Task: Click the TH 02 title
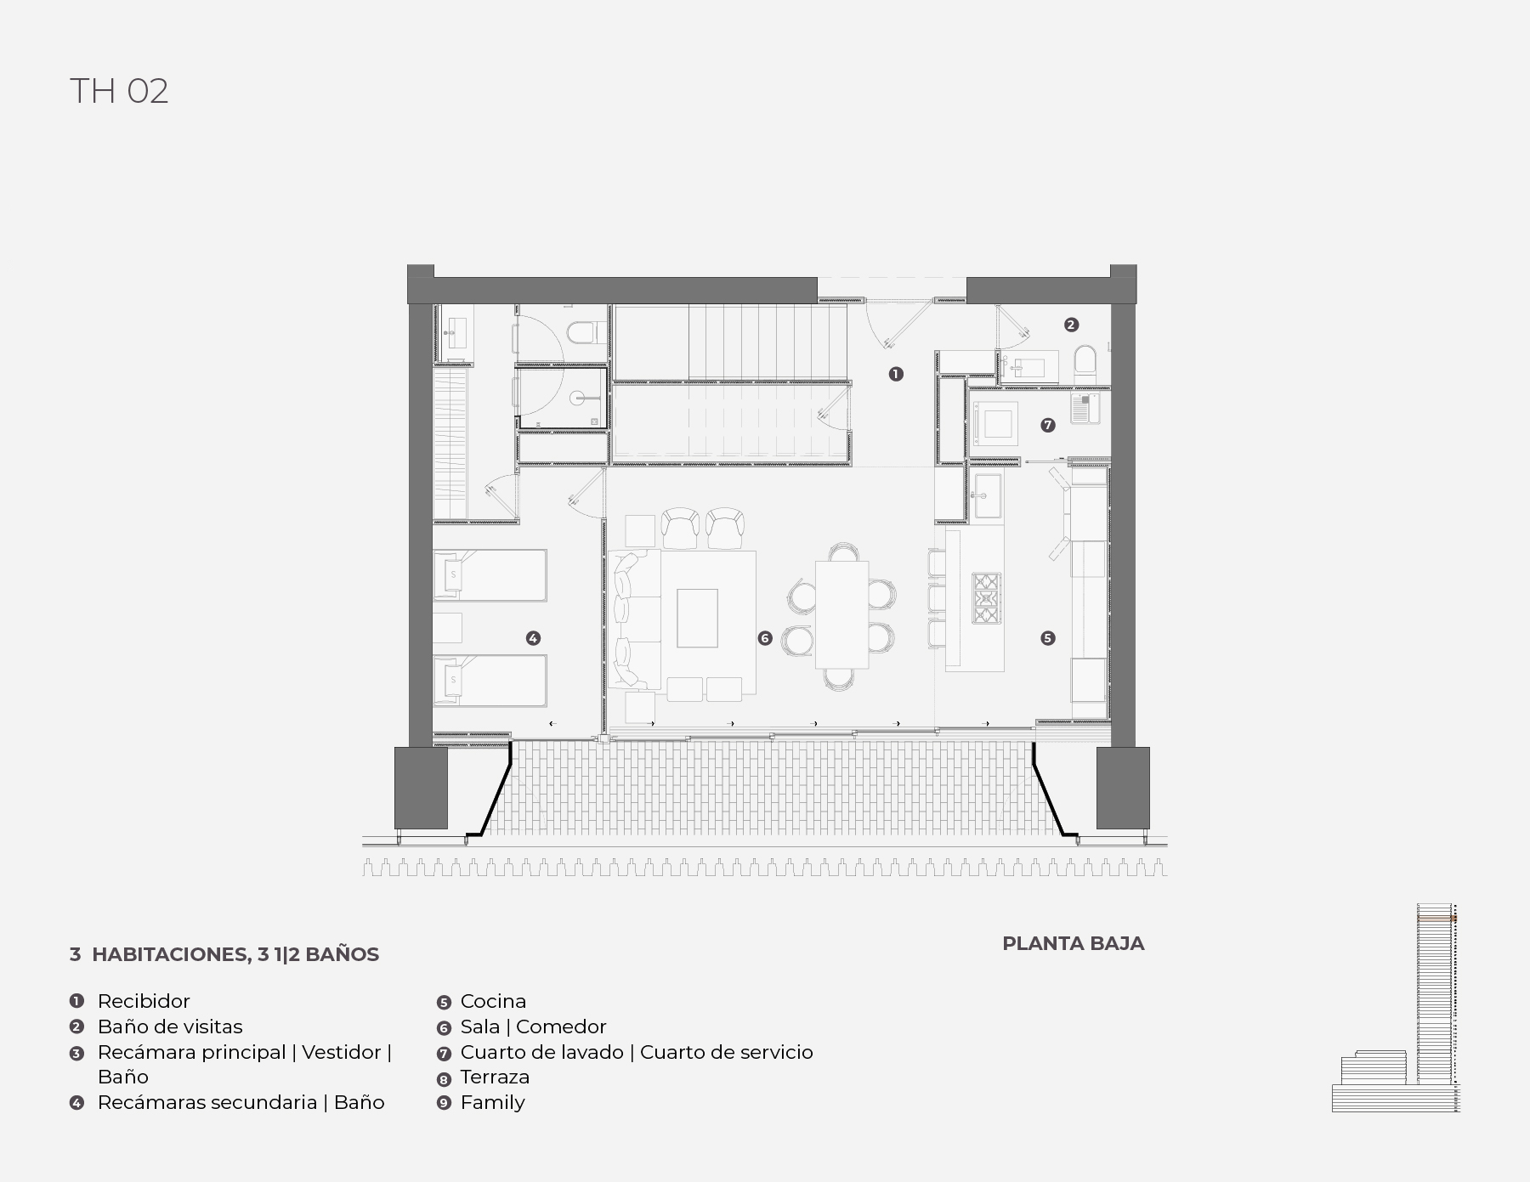pos(119,91)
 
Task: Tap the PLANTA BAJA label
pos(1073,943)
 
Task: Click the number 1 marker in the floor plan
pos(896,374)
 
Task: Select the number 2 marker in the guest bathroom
pos(1071,325)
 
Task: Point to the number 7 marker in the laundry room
pos(1048,425)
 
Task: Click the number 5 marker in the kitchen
pos(1048,638)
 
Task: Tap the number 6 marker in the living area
pos(765,638)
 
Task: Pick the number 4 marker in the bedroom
pos(533,638)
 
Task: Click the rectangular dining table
pos(841,614)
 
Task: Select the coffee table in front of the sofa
pos(697,618)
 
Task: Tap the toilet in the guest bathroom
pos(1085,364)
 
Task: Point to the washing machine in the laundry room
pos(997,423)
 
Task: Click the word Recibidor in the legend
pos(144,1001)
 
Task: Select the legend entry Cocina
pos(493,1001)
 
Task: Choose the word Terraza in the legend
pos(495,1077)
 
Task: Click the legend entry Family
pos(492,1103)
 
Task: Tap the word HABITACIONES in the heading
pos(169,954)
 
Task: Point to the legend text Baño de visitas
pos(170,1026)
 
